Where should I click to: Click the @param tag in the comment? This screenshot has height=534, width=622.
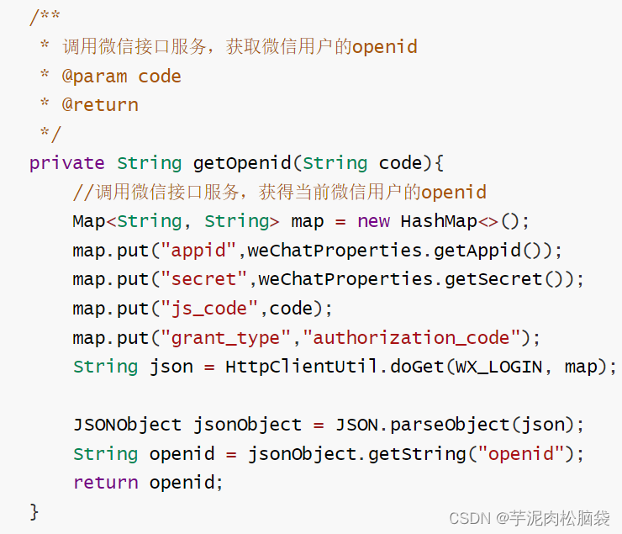(95, 76)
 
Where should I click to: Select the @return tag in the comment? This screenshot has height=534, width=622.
(100, 104)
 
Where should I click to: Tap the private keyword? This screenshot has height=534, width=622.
(67, 162)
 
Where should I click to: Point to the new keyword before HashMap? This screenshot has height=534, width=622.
(373, 221)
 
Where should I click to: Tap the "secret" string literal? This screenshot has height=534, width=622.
(204, 279)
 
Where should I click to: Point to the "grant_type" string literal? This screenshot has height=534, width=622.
(226, 337)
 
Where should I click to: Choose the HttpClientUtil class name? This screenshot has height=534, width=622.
(302, 367)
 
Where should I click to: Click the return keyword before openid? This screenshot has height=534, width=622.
(105, 483)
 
